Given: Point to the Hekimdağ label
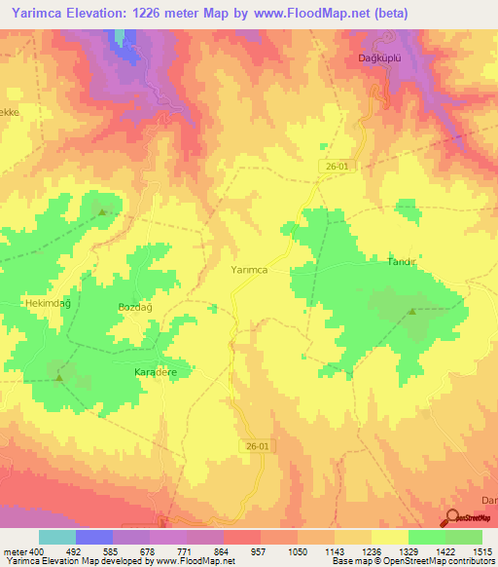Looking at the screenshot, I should click(x=24, y=304).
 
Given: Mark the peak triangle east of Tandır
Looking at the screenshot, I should click(x=413, y=312).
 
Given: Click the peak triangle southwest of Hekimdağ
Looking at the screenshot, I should click(x=59, y=376).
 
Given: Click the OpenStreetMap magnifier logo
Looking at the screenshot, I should click(x=454, y=519).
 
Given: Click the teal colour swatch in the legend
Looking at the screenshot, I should click(x=56, y=536).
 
